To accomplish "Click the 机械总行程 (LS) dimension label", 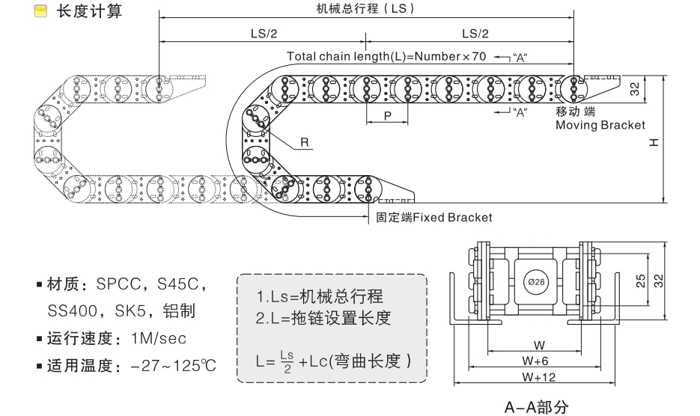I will (365, 8).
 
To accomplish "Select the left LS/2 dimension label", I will (262, 34).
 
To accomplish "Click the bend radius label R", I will (305, 141).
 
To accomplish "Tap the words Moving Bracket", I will (600, 125).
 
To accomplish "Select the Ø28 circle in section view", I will (534, 281).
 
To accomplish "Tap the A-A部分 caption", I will (536, 408).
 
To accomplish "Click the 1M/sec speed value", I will (158, 337).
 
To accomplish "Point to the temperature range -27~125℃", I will (173, 366).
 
